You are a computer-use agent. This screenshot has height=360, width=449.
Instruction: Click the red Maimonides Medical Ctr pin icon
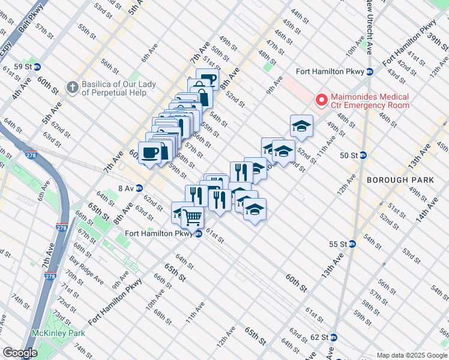[x=321, y=100]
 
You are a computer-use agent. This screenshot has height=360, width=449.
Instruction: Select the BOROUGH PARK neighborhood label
[x=391, y=180]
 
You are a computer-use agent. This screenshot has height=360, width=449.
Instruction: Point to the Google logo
[x=20, y=353]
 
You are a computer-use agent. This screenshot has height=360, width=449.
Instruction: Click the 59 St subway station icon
[x=37, y=67]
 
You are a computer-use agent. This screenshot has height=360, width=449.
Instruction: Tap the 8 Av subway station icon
[x=139, y=188]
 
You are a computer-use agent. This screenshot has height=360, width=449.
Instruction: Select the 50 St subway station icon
[x=363, y=155]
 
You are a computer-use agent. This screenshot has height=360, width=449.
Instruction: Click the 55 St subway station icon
[x=352, y=244]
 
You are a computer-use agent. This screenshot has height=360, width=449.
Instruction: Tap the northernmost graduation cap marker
[x=301, y=125]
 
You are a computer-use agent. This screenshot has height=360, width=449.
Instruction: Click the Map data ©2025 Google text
[x=411, y=355]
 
